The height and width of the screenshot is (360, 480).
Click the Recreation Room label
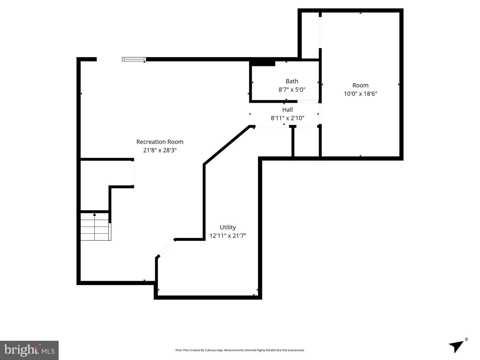(160, 142)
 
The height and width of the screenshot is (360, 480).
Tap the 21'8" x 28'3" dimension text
(160, 150)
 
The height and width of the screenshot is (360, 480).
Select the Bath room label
(292, 81)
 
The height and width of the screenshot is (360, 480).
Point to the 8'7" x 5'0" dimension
(292, 90)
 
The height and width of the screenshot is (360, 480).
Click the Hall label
(287, 110)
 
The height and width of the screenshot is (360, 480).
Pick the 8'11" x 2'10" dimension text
(287, 118)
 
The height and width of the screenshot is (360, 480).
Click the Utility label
(228, 227)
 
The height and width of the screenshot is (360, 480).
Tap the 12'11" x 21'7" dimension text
(228, 236)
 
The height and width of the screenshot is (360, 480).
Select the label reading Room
(360, 85)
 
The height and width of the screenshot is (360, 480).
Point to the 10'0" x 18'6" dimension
(360, 94)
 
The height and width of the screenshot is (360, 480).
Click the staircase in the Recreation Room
(95, 227)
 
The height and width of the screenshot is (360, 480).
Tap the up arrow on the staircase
(95, 215)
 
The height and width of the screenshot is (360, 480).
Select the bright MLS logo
(29, 350)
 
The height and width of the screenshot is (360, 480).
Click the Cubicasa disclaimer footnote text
(240, 350)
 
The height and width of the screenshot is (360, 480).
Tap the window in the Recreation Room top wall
(134, 59)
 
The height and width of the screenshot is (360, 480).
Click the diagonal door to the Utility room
(166, 248)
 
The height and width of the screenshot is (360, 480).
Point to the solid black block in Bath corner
(263, 63)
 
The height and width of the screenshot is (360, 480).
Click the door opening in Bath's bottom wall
(308, 101)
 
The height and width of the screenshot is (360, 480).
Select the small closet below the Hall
(306, 142)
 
